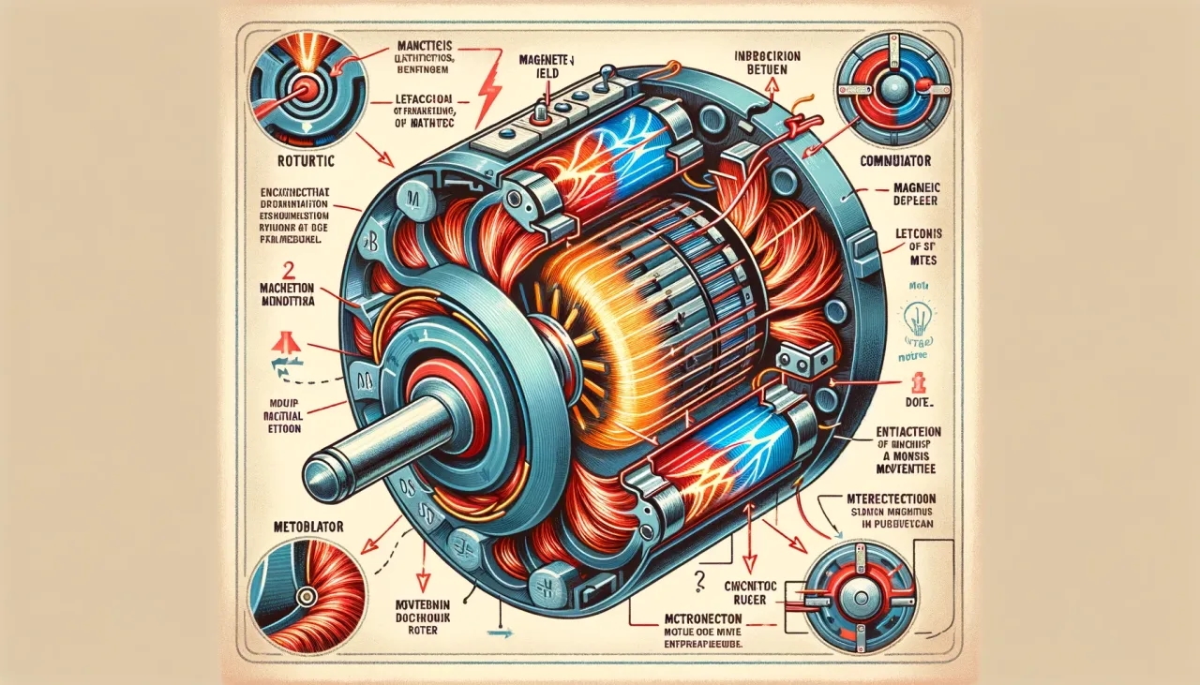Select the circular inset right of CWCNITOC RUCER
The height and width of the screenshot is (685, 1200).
coord(859,588)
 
